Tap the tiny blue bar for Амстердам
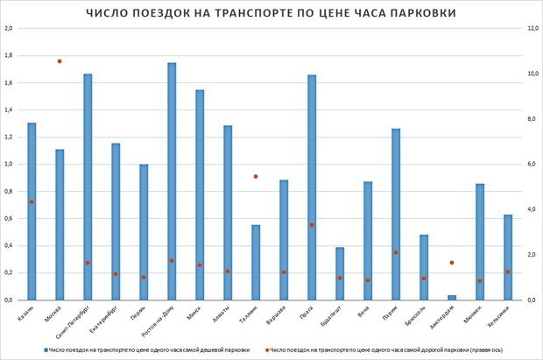pos(423,298)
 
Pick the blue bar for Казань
pos(32,211)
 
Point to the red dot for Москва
pos(60,61)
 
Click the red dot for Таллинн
pos(256,176)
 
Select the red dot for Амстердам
pos(423,263)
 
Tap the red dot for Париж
pos(396,252)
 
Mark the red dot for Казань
pos(32,201)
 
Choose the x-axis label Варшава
pos(274,315)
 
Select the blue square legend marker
pos(46,349)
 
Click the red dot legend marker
pos(266,349)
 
